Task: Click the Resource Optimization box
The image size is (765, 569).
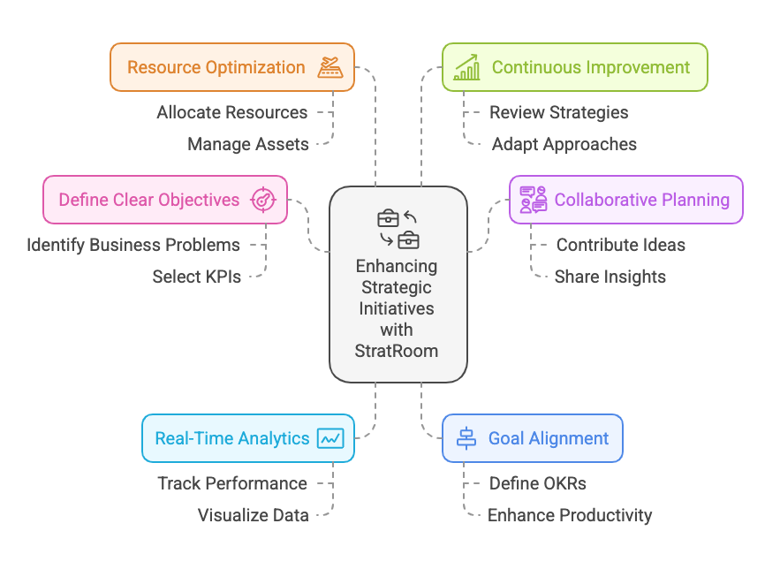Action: click(x=231, y=67)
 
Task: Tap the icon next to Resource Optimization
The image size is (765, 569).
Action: click(x=330, y=67)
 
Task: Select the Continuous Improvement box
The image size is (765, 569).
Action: click(x=574, y=67)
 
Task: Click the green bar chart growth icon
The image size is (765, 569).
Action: click(x=466, y=67)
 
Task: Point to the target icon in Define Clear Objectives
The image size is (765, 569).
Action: click(x=263, y=200)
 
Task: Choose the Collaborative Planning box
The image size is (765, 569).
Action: click(x=625, y=200)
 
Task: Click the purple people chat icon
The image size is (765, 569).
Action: click(x=533, y=200)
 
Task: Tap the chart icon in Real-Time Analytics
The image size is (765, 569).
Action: click(x=330, y=438)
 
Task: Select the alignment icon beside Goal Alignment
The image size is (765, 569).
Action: click(x=466, y=438)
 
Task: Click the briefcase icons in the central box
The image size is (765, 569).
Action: click(x=398, y=229)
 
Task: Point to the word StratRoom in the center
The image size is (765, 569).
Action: click(x=398, y=350)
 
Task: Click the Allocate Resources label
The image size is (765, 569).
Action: click(x=232, y=112)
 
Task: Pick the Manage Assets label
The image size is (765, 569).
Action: click(x=248, y=144)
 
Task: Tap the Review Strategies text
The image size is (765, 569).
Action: click(x=559, y=112)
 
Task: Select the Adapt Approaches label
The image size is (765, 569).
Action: click(x=564, y=144)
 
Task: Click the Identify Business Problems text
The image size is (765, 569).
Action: click(x=133, y=245)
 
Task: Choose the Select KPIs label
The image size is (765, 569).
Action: click(x=196, y=277)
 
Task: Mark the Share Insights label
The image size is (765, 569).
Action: click(x=610, y=277)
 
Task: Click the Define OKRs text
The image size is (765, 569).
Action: click(x=538, y=483)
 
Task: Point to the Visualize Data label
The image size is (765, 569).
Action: click(x=254, y=515)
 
